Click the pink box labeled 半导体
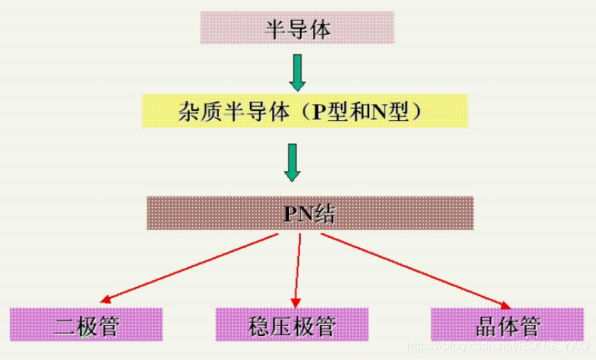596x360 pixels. tap(297, 29)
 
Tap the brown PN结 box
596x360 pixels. tap(309, 213)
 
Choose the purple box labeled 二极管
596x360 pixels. tap(86, 325)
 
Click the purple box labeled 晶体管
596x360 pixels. tap(507, 325)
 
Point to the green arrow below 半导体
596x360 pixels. tap(296, 72)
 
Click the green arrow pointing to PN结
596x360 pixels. tap(291, 162)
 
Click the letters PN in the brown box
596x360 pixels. tap(298, 214)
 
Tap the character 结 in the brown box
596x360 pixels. tap(325, 214)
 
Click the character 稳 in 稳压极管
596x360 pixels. tap(259, 325)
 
